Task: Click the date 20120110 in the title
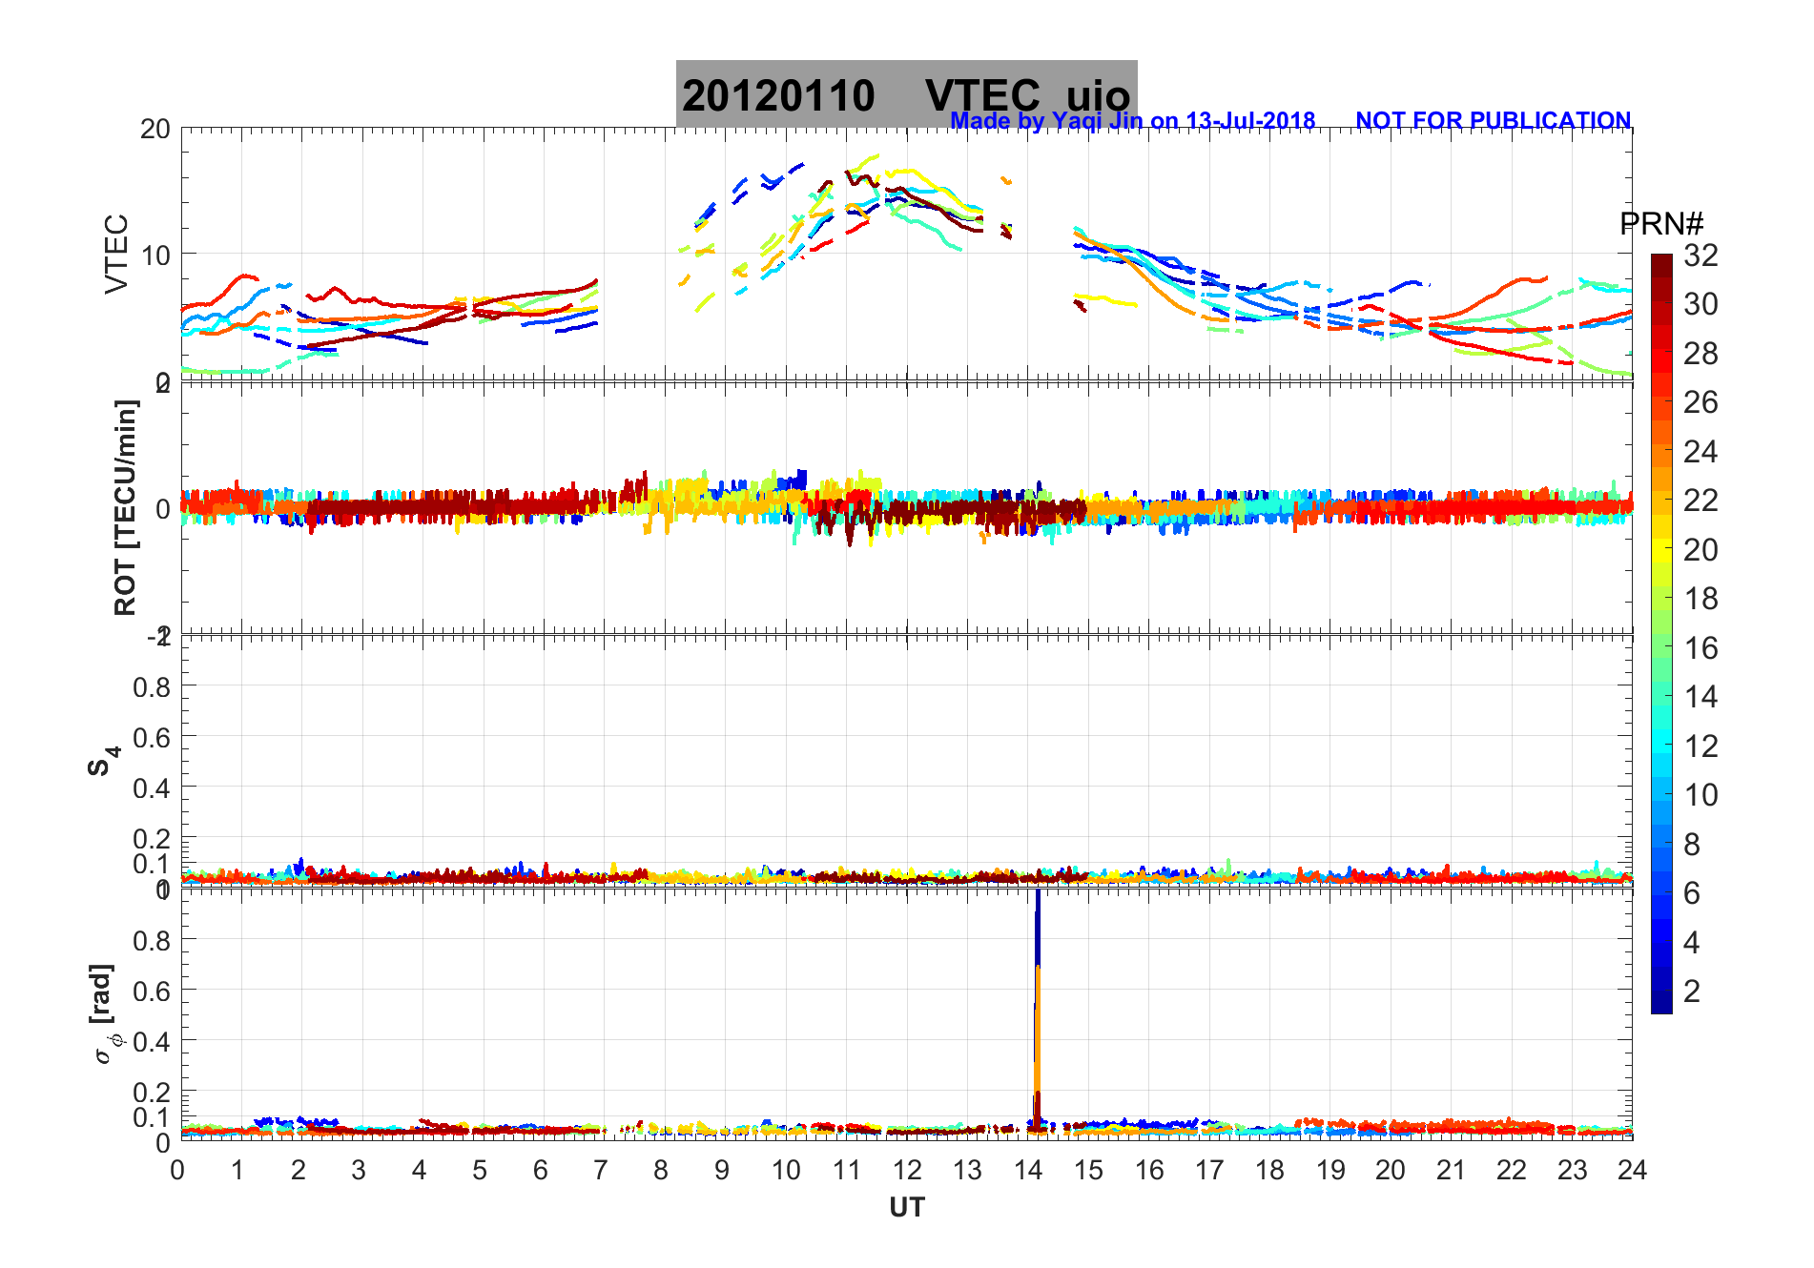point(778,96)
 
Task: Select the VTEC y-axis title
point(116,254)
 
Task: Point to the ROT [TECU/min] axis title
point(125,507)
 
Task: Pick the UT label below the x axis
point(906,1208)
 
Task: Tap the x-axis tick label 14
point(1027,1171)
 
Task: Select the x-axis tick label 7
point(600,1171)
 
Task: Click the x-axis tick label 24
point(1632,1171)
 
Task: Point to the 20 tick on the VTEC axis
point(155,130)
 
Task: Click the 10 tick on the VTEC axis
point(155,256)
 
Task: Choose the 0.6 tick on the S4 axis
point(152,737)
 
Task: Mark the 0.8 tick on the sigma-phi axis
point(152,940)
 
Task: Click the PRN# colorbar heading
point(1661,224)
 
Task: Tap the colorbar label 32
point(1701,256)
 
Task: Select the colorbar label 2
point(1692,992)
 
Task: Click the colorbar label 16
point(1701,648)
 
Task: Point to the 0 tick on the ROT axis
point(163,508)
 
